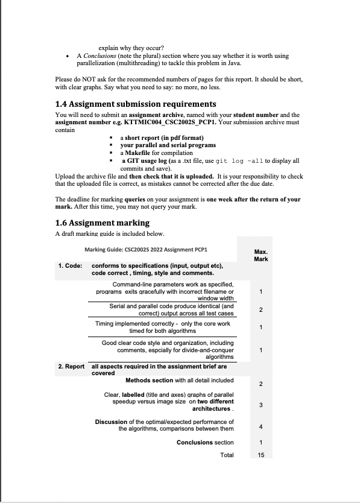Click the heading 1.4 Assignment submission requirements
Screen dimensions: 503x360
click(x=135, y=104)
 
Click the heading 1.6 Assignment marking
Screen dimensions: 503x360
click(x=102, y=223)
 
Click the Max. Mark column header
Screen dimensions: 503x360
click(x=261, y=255)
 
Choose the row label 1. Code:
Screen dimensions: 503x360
click(x=70, y=265)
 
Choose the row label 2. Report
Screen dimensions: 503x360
click(x=71, y=366)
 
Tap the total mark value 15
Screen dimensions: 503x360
click(x=261, y=455)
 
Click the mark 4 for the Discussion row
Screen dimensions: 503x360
click(x=261, y=427)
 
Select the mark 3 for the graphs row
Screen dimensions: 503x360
click(x=261, y=405)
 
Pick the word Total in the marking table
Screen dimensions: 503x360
click(x=227, y=455)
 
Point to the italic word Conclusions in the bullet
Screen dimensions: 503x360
click(x=99, y=55)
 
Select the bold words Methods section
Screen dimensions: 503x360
click(x=149, y=381)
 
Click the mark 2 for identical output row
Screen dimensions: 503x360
click(x=261, y=310)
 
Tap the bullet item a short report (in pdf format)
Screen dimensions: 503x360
click(x=157, y=138)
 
